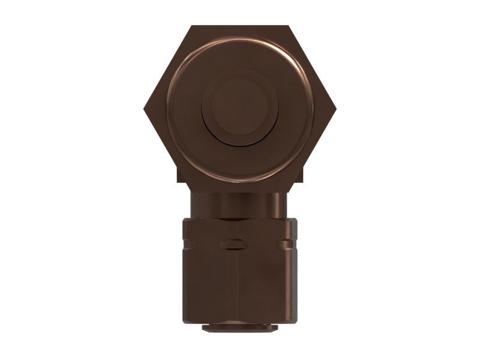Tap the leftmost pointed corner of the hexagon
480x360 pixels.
pyautogui.click(x=145, y=109)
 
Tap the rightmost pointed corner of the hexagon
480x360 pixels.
pyautogui.click(x=335, y=109)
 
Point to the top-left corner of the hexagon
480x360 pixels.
pyautogui.click(x=192, y=26)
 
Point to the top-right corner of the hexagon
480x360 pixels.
pyautogui.click(x=289, y=26)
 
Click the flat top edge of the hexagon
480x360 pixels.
pyautogui.click(x=240, y=26)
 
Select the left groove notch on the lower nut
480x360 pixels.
pyautogui.click(x=188, y=244)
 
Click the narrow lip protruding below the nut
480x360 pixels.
pyautogui.click(x=240, y=329)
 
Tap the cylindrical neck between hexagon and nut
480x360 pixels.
pyautogui.click(x=240, y=204)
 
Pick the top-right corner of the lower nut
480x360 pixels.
pyautogui.click(x=295, y=220)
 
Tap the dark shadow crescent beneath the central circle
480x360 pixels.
pyautogui.click(x=240, y=143)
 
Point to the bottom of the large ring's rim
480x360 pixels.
pyautogui.click(x=240, y=180)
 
